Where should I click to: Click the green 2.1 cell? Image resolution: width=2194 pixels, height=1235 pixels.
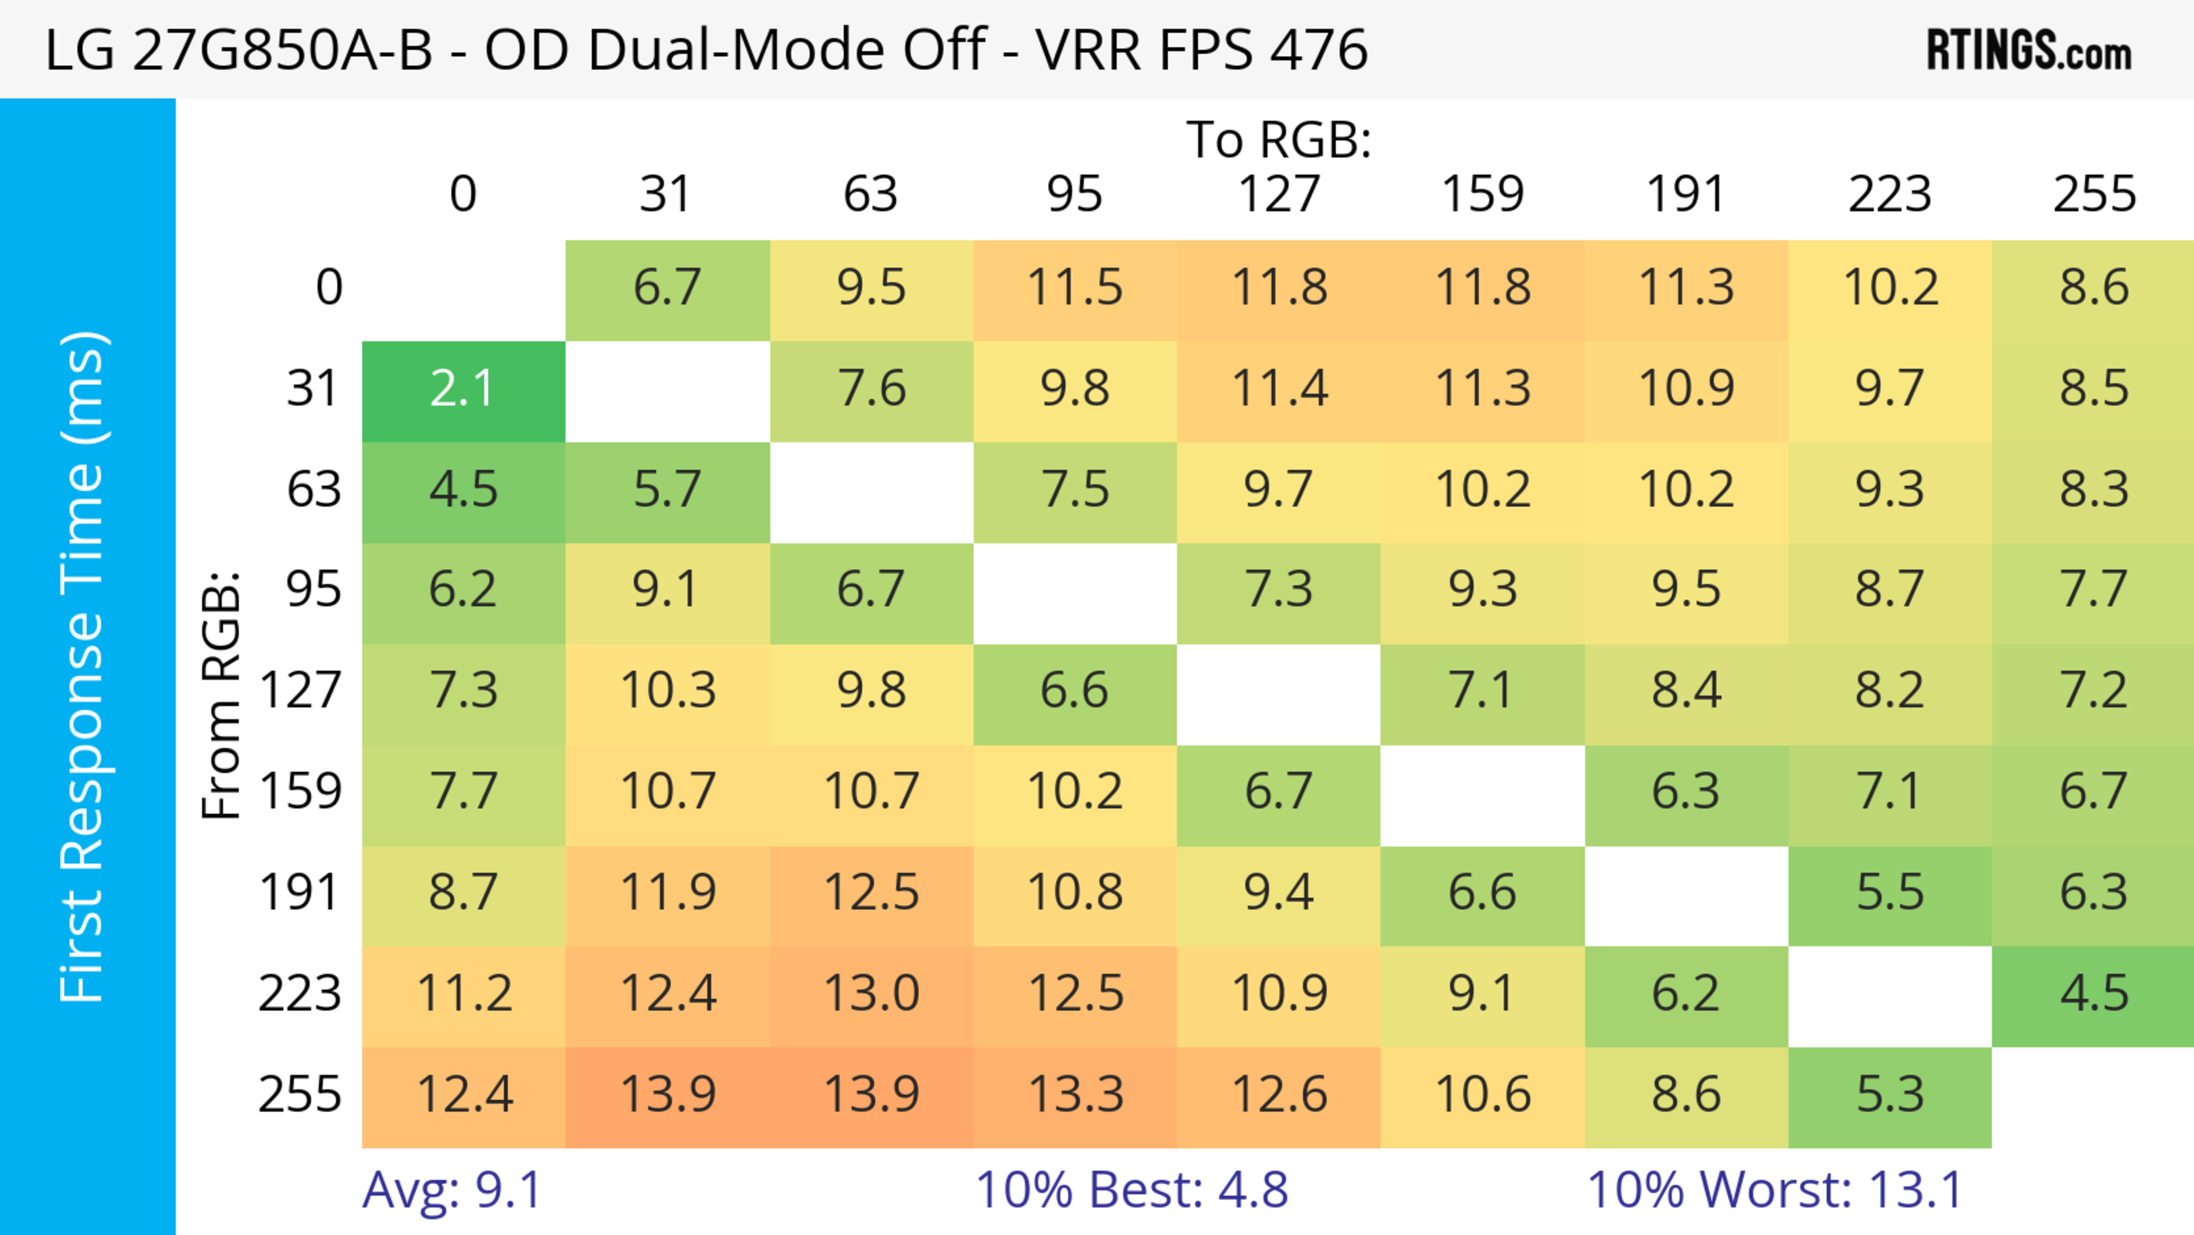point(463,390)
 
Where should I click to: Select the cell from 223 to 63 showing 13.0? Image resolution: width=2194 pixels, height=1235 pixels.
point(871,994)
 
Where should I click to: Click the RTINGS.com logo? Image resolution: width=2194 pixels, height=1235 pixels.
point(2029,50)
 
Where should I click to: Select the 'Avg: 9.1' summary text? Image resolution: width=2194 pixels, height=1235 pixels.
point(453,1190)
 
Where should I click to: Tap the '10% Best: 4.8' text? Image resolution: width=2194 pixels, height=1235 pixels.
point(1131,1190)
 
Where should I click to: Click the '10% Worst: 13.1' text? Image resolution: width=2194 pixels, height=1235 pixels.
point(1775,1190)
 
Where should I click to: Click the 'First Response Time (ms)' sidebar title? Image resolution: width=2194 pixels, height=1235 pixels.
point(83,666)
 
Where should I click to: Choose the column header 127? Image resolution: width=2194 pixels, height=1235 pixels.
point(1279,194)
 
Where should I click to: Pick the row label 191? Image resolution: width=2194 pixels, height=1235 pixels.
point(300,893)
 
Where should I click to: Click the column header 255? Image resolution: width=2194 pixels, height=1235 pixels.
point(2093,194)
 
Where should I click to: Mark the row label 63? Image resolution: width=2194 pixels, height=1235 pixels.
point(314,490)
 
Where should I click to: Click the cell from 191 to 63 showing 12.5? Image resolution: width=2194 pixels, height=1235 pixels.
point(871,893)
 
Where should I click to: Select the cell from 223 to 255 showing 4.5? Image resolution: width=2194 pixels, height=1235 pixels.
point(2093,994)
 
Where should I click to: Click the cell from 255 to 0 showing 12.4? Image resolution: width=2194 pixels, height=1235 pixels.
point(464,1096)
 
